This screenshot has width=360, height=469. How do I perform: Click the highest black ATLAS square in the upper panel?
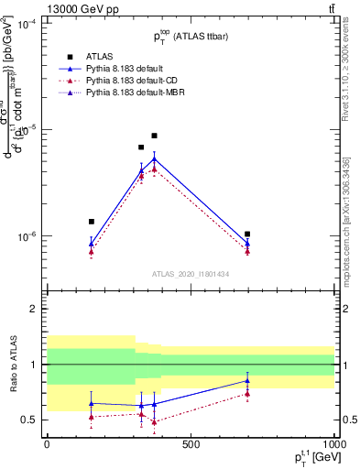point(154,136)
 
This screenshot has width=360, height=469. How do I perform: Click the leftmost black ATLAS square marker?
point(91,222)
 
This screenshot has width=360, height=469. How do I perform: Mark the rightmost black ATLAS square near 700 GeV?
point(248,234)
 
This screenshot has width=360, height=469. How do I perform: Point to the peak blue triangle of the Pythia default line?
point(154,158)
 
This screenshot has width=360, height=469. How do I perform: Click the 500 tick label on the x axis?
point(191,443)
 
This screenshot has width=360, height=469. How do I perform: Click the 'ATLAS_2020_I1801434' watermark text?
point(191,274)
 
